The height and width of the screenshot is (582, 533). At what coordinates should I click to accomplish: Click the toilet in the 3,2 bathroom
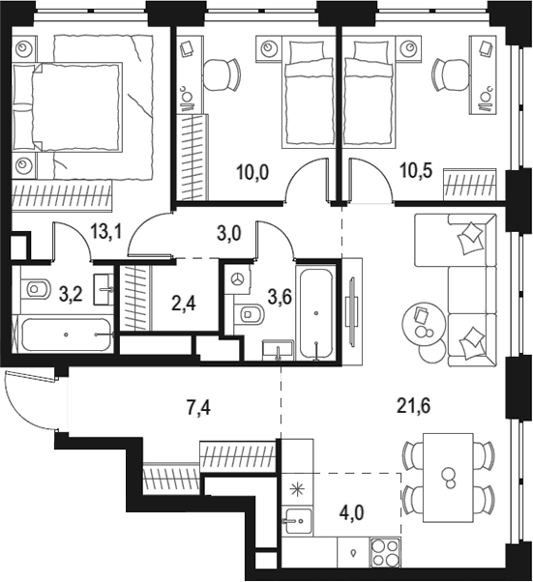[x=36, y=288]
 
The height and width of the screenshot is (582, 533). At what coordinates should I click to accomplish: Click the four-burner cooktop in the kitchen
[x=386, y=556]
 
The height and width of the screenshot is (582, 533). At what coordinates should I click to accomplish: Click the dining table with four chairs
[x=448, y=476]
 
